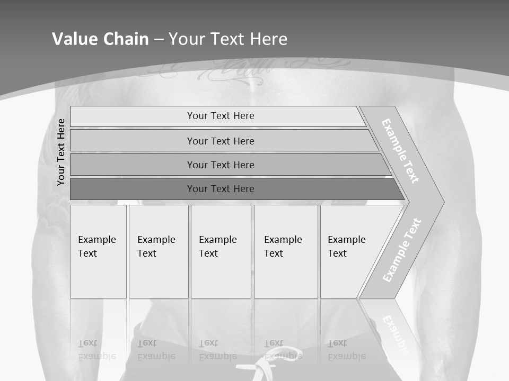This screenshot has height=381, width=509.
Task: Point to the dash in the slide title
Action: [x=159, y=40]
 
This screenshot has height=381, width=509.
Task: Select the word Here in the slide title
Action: [x=268, y=39]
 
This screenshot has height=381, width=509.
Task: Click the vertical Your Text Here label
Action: [x=61, y=152]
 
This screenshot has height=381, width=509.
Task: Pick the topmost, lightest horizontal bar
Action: [x=217, y=116]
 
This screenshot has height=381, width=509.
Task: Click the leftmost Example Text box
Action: [x=98, y=251]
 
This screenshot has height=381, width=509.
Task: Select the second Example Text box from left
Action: [x=159, y=251]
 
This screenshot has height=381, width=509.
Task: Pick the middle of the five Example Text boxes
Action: [x=221, y=251]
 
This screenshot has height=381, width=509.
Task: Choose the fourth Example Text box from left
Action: [x=286, y=251]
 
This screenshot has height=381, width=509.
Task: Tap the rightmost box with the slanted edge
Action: [x=350, y=251]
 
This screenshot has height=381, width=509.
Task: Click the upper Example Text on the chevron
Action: [x=400, y=151]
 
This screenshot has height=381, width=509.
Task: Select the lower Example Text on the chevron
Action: [x=401, y=250]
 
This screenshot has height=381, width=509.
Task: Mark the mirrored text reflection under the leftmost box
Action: [x=96, y=350]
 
